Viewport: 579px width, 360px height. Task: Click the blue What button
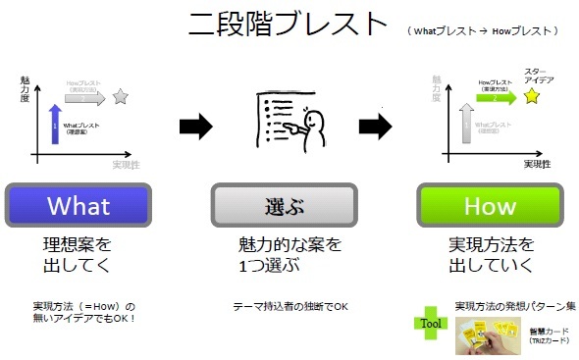coord(79,207)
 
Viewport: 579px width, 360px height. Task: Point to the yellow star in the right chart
coord(531,97)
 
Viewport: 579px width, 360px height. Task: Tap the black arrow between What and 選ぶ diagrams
coord(195,125)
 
